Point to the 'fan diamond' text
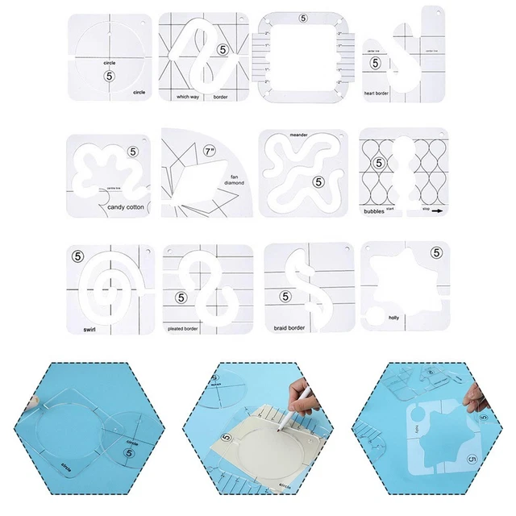[235, 181]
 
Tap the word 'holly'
[395, 318]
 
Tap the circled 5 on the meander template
[321, 183]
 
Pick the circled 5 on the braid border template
[285, 297]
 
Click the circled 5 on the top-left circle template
[109, 75]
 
